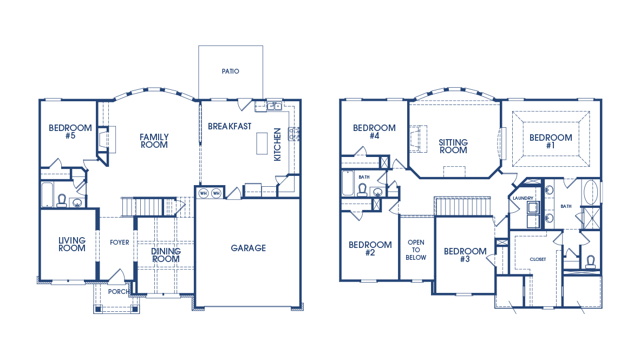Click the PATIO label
(x=230, y=71)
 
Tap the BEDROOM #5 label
(x=70, y=132)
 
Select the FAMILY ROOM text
(x=154, y=141)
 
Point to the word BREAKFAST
(x=230, y=126)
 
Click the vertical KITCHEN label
(x=277, y=144)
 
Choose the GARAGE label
(x=248, y=248)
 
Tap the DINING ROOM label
(x=166, y=255)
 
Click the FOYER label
(x=120, y=243)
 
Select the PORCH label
(x=119, y=292)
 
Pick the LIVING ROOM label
(x=72, y=244)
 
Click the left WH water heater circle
(x=204, y=193)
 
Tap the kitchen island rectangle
(x=263, y=143)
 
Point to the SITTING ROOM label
(x=453, y=146)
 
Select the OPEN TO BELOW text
(x=416, y=250)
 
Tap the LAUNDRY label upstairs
(x=523, y=198)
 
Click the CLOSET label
(x=538, y=259)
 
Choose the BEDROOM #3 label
(x=465, y=255)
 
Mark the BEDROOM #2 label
(x=370, y=248)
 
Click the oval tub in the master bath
(x=591, y=192)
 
